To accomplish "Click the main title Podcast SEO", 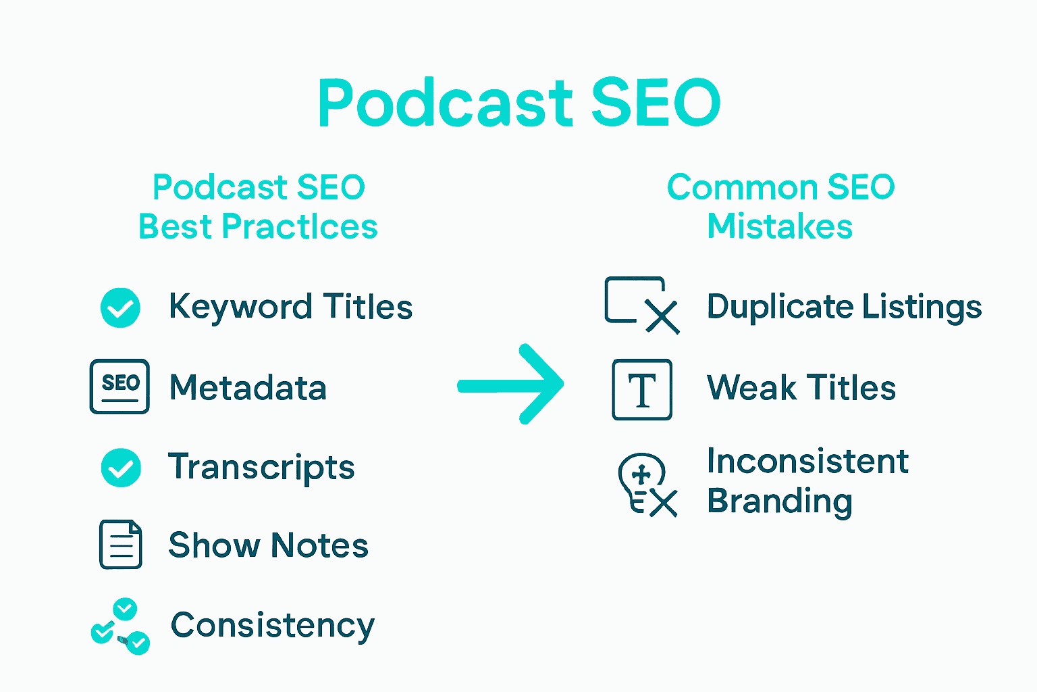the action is (519, 102).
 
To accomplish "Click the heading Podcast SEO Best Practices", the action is (259, 207).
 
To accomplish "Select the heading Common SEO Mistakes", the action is (780, 207).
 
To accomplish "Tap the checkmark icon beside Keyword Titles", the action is (120, 307).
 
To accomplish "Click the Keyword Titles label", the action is (291, 307).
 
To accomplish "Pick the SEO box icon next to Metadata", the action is (119, 386).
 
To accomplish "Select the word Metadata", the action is (248, 387).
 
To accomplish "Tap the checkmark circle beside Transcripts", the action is (121, 467).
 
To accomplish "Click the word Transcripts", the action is (261, 468).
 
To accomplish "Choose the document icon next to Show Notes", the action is (120, 544).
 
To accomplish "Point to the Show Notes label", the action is (269, 545).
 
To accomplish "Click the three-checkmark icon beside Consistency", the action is (120, 626).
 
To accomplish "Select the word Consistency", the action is (273, 626).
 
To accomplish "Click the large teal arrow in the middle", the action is (510, 385).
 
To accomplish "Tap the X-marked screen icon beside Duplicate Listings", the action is (642, 305).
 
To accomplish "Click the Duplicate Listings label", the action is (845, 307).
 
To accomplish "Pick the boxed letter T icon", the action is (642, 389).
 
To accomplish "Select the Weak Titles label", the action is (801, 387).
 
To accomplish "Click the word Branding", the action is (780, 502).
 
